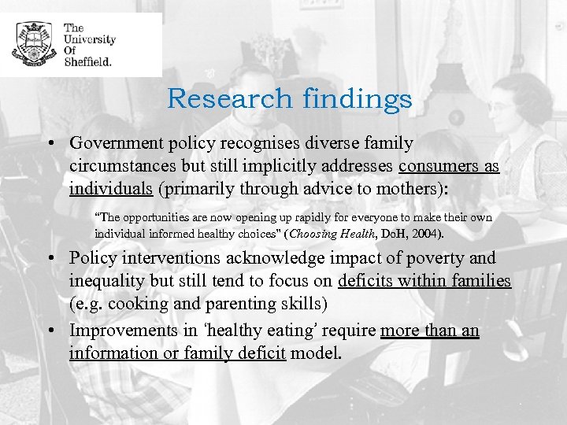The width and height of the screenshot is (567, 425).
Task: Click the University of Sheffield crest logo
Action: (33, 44)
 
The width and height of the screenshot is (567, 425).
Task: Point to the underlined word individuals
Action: (110, 188)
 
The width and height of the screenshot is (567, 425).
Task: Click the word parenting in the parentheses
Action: (254, 303)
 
